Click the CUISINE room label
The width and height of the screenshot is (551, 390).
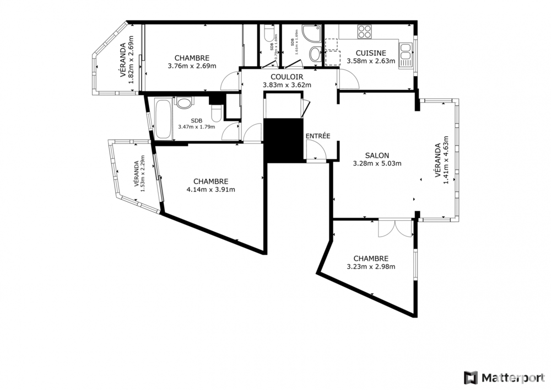pyautogui.click(x=370, y=53)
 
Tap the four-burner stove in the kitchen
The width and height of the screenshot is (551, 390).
pyautogui.click(x=364, y=32)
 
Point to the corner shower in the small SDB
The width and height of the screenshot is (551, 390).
pyautogui.click(x=311, y=34)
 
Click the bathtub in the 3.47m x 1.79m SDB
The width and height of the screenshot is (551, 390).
pyautogui.click(x=163, y=119)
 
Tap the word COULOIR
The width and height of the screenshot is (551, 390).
pyautogui.click(x=287, y=77)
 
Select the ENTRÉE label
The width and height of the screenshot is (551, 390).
pyautogui.click(x=317, y=135)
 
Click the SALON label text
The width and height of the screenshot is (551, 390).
pyautogui.click(x=377, y=156)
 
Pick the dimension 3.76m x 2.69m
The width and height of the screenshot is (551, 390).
pyautogui.click(x=191, y=66)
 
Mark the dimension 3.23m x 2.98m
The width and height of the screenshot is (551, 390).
pyautogui.click(x=370, y=266)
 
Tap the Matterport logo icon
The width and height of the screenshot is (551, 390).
pyautogui.click(x=470, y=377)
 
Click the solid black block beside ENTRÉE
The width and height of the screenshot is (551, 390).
pyautogui.click(x=284, y=140)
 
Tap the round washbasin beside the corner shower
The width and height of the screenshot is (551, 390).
pyautogui.click(x=315, y=54)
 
